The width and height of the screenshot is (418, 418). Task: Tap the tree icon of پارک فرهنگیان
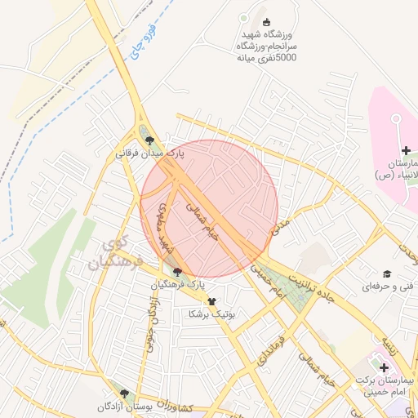click(x=178, y=271)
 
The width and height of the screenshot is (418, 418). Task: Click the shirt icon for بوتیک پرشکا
click(x=211, y=301)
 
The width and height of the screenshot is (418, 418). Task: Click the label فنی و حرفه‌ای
click(x=388, y=287)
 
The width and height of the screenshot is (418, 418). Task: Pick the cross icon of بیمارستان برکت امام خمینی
click(x=384, y=368)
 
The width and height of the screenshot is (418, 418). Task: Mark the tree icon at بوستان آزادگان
click(x=125, y=394)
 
